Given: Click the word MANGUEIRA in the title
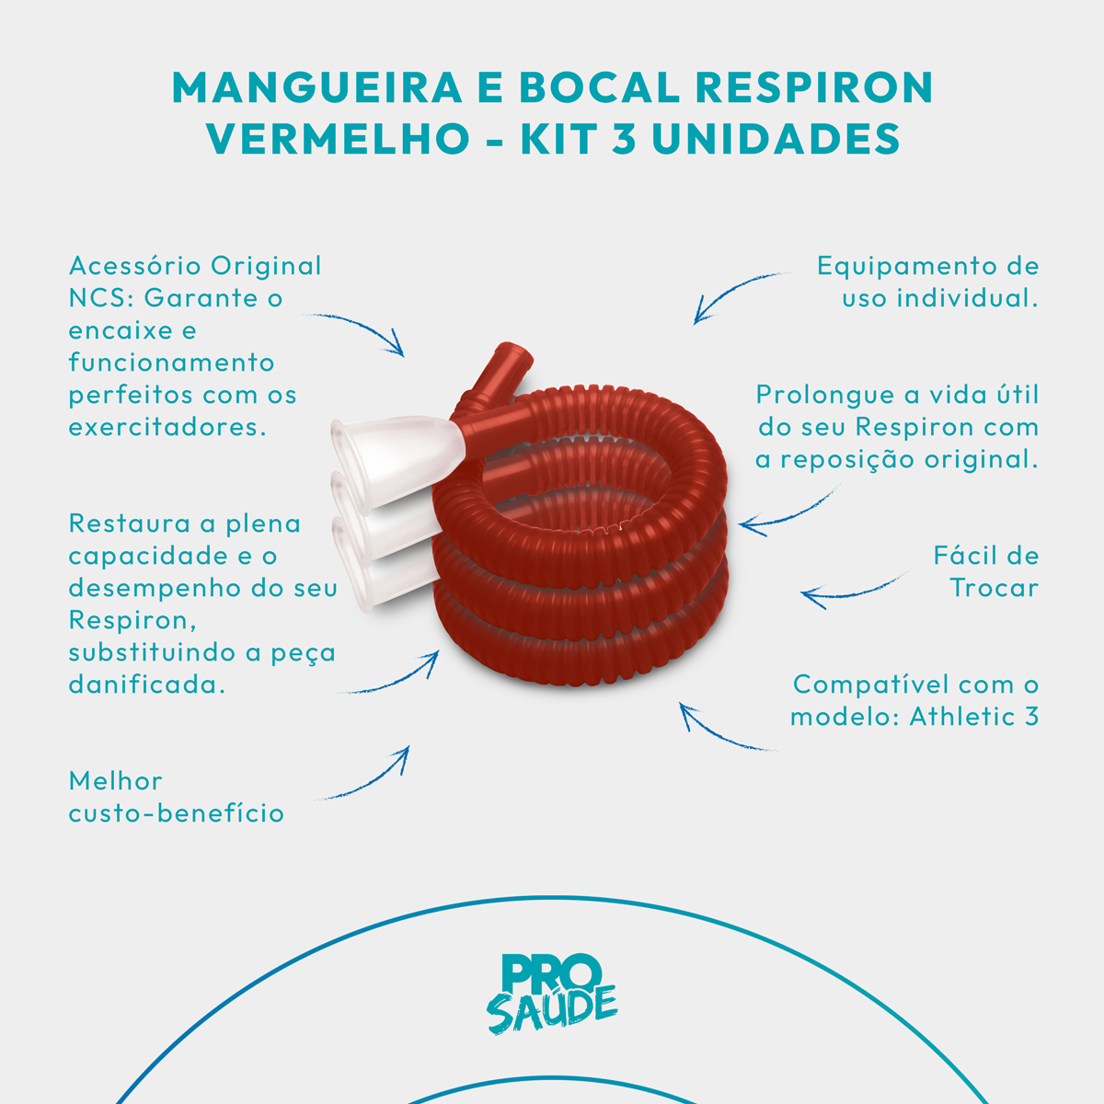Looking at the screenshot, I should (316, 87).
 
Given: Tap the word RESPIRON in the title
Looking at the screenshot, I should (814, 87).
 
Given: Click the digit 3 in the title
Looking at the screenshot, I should (624, 139).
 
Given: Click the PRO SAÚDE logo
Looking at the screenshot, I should (551, 995).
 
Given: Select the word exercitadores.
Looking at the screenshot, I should (167, 427).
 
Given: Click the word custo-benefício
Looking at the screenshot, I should (177, 813).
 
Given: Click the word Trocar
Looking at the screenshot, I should (994, 588).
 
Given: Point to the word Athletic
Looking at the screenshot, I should (963, 717).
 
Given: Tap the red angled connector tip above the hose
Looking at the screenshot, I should (512, 359).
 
